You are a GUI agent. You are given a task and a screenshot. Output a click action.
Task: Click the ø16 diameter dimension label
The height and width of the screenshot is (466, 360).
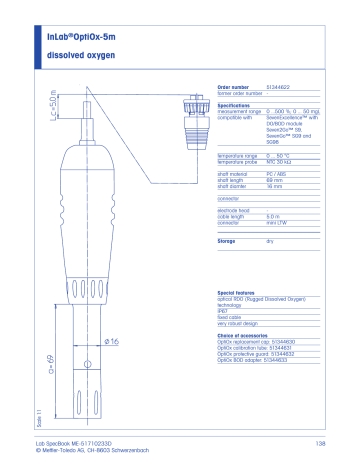pyautogui.click(x=112, y=343)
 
